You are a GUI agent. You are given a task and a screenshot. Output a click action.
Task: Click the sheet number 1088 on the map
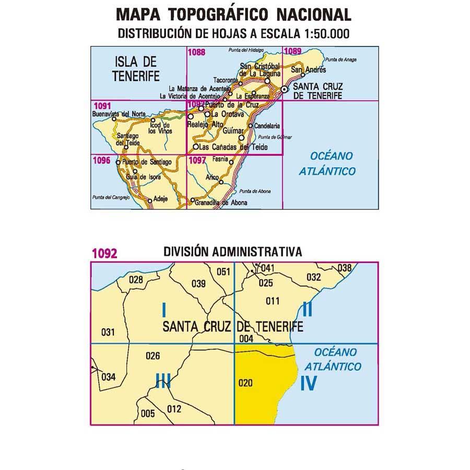(197, 52)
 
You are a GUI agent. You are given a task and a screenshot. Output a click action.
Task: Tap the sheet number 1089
(292, 51)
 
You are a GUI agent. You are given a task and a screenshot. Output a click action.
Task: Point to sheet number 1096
(100, 161)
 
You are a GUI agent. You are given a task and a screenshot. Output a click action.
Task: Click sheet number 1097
(197, 161)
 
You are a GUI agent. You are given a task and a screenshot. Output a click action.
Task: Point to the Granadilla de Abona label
(220, 203)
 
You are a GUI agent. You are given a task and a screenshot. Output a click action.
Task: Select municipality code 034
(109, 377)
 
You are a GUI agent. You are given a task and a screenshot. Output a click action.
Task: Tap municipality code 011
(273, 301)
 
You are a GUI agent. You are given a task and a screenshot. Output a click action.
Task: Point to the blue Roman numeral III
(163, 380)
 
